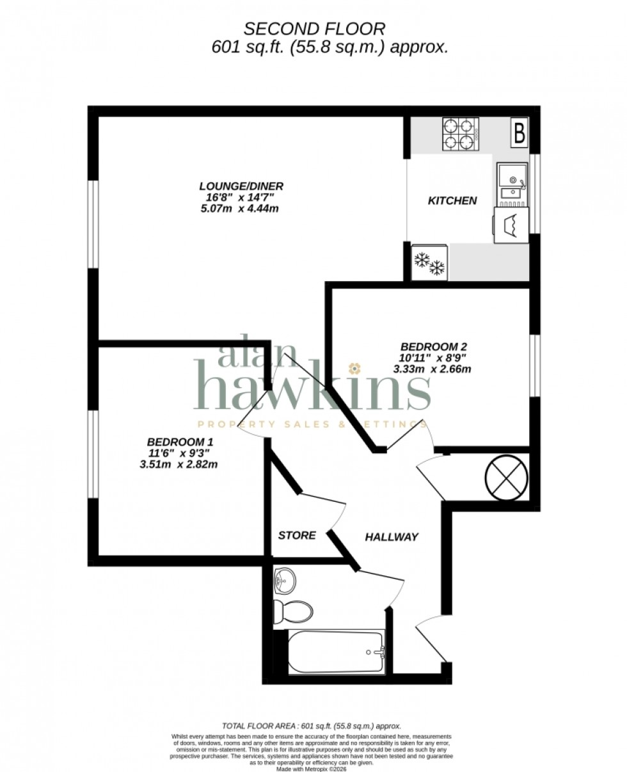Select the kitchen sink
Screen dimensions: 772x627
(x=512, y=181)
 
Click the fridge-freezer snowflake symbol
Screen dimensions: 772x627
(x=429, y=263)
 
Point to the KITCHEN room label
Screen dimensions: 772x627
(x=452, y=201)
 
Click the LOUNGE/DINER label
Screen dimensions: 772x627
(x=241, y=186)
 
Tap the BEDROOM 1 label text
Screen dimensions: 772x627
(x=180, y=442)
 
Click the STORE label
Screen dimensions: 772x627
(x=297, y=535)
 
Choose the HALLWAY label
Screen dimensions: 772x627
(x=392, y=536)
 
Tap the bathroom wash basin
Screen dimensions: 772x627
(x=284, y=581)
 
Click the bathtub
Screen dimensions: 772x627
(x=336, y=652)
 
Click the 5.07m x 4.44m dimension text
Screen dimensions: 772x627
(x=241, y=209)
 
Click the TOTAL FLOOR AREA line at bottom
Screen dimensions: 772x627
(x=311, y=726)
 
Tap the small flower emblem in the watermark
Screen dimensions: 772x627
(x=353, y=368)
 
